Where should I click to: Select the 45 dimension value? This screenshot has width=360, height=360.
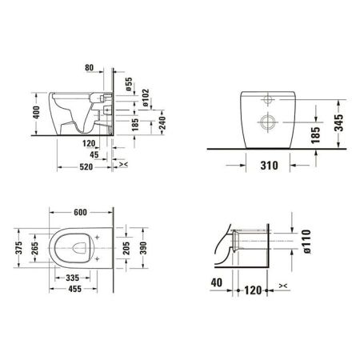(96, 156)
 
